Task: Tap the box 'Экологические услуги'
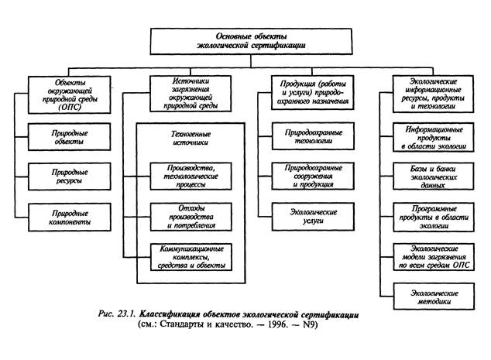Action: pos(311,216)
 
